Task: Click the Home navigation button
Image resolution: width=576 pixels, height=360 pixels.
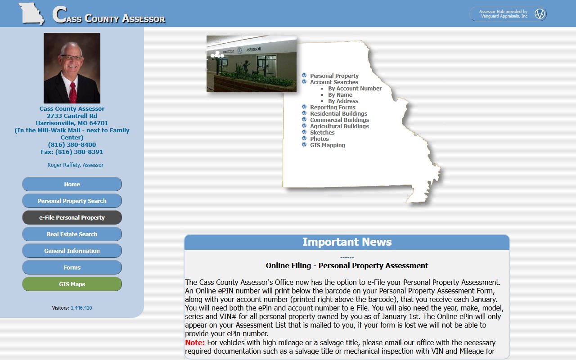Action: (72, 184)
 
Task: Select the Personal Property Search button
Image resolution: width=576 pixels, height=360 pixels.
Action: (72, 201)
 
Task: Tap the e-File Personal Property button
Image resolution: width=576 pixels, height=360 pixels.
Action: (72, 217)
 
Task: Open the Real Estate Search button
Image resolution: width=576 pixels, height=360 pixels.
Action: (72, 234)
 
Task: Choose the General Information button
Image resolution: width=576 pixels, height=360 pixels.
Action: (72, 251)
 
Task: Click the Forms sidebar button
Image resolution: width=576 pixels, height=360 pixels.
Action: (72, 267)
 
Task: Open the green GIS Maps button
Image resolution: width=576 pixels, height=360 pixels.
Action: (72, 284)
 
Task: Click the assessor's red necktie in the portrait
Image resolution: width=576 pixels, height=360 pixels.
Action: (72, 92)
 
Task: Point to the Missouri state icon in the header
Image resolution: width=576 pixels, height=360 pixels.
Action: (31, 13)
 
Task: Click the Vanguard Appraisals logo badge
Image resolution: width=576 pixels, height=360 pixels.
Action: (540, 14)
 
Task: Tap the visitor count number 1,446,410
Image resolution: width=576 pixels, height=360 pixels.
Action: (81, 308)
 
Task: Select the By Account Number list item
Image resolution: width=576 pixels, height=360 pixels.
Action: (355, 89)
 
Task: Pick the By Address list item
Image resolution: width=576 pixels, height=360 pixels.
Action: (343, 101)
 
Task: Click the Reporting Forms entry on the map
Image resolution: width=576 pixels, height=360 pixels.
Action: (333, 108)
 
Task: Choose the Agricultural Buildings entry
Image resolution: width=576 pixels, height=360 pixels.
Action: (339, 126)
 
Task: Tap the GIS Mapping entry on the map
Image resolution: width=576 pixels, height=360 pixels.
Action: (327, 145)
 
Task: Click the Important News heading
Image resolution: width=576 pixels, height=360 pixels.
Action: (347, 242)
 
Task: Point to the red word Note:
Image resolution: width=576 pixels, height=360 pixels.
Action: (195, 342)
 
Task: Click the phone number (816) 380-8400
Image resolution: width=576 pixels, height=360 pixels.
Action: (72, 145)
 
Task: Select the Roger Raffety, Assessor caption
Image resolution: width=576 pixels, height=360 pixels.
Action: (76, 165)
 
